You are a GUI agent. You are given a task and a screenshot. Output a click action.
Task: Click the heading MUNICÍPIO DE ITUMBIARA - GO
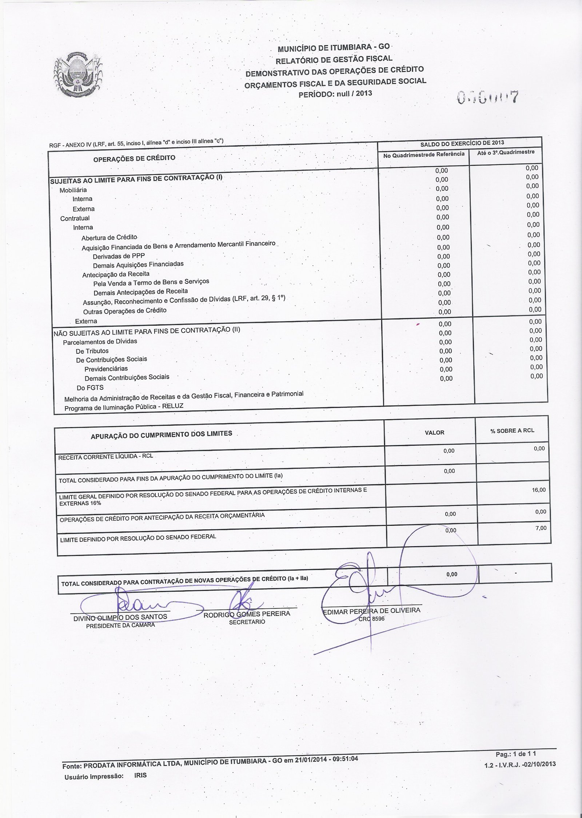[x=334, y=48]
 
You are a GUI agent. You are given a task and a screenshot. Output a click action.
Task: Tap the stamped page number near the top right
[x=488, y=97]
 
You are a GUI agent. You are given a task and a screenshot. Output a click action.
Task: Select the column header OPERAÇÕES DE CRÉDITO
[x=134, y=158]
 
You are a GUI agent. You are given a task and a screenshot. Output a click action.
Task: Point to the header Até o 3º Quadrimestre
[x=506, y=152]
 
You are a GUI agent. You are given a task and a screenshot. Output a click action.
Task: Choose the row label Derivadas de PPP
[x=119, y=256]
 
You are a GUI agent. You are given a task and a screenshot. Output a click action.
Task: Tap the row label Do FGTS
[x=90, y=388]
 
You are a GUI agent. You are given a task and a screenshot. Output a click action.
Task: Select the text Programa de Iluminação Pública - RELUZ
[x=124, y=407]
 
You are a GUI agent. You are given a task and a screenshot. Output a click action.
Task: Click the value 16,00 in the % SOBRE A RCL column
[x=539, y=490]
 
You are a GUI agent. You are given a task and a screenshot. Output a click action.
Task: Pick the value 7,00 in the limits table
[x=541, y=528]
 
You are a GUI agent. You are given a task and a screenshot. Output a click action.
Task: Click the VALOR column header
[x=434, y=433]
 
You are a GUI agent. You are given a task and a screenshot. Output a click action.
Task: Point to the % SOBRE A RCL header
[x=512, y=430]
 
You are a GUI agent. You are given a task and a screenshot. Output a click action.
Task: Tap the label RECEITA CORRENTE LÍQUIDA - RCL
[x=105, y=457]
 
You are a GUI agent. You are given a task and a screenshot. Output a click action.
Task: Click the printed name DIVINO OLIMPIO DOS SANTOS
[x=120, y=617]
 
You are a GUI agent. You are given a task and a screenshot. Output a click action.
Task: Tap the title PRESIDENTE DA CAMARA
[x=120, y=625]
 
